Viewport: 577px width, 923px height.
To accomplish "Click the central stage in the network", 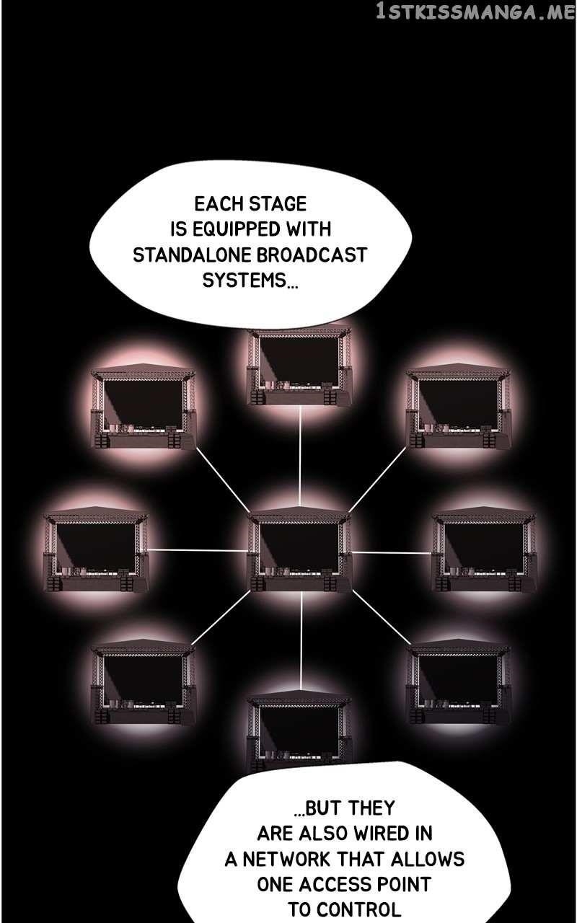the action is click(x=299, y=549).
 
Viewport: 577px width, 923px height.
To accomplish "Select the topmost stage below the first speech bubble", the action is click(x=299, y=366).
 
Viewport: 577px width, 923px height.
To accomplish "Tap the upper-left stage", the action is click(x=143, y=407).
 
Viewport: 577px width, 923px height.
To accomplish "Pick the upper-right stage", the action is click(x=458, y=407).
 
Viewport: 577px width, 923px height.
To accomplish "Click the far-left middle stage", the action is click(x=96, y=549).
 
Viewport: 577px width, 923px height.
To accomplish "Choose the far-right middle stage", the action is click(x=484, y=549).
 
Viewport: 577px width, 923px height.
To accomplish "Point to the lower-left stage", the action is click(x=143, y=682).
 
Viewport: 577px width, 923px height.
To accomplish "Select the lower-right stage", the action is click(x=458, y=682).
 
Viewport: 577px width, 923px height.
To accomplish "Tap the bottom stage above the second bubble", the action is click(x=299, y=728).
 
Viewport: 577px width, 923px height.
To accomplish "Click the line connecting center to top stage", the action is click(x=299, y=456).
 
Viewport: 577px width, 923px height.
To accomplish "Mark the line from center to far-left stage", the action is click(x=198, y=549).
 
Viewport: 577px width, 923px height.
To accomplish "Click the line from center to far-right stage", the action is click(x=392, y=552).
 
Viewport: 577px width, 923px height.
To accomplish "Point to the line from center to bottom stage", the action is click(x=301, y=641).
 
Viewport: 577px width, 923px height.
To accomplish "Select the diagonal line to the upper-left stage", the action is click(x=221, y=478).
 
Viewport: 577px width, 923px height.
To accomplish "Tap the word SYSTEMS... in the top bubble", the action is click(x=250, y=281).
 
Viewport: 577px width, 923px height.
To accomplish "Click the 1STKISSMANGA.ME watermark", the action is click(x=475, y=12).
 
